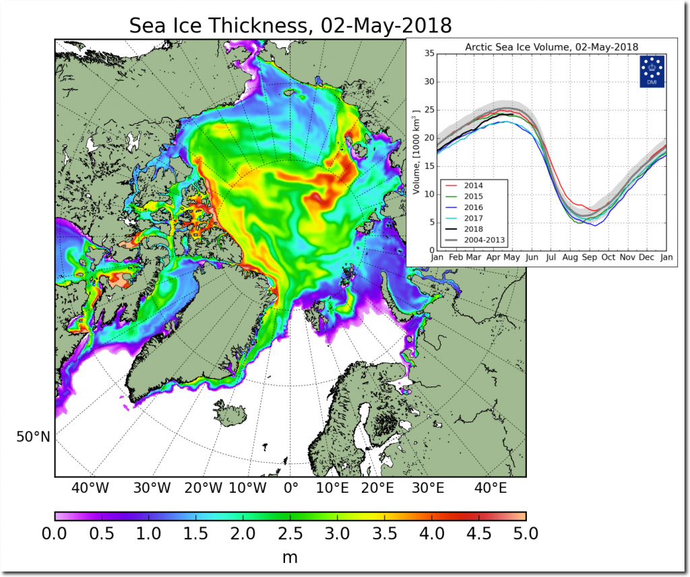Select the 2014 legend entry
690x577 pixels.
(473, 184)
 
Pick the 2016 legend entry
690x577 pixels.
(473, 207)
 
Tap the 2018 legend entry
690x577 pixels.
(473, 230)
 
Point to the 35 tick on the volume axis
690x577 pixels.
(427, 54)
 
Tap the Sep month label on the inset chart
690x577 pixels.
(589, 258)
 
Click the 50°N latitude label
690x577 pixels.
(33, 437)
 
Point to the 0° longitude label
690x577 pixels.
(291, 487)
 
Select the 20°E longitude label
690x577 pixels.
(376, 487)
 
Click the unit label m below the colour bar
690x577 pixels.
(290, 557)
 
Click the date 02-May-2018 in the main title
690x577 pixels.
(381, 26)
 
